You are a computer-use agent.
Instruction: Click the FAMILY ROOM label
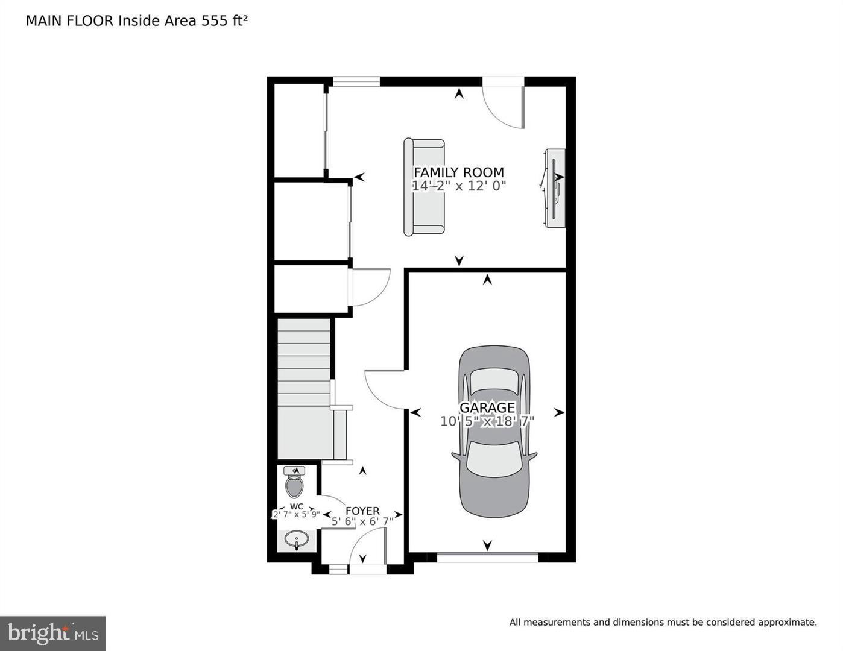(458, 172)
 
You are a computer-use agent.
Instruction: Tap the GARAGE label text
(487, 408)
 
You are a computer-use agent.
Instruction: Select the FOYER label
(362, 511)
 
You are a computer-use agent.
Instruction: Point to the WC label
(296, 506)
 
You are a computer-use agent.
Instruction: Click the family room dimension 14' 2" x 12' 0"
(458, 186)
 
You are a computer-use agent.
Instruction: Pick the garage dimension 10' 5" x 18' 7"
(487, 421)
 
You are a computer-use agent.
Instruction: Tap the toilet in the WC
(294, 483)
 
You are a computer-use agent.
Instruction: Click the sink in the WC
(296, 539)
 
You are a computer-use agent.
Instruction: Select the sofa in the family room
(425, 187)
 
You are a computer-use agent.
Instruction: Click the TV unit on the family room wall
(555, 188)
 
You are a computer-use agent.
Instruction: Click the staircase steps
(304, 362)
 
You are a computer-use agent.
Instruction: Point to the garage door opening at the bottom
(487, 558)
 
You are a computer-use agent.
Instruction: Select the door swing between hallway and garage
(385, 389)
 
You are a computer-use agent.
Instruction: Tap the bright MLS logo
(53, 633)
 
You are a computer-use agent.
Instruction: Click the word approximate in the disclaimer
(787, 622)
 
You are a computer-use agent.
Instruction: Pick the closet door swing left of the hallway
(369, 288)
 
